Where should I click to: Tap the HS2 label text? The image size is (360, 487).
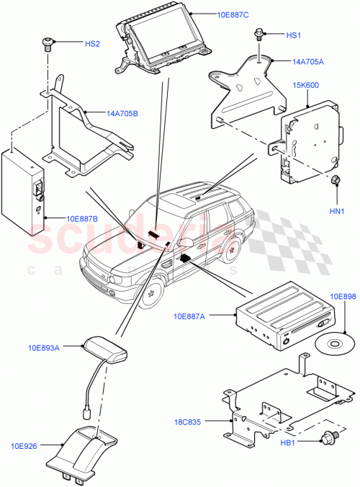(x=93, y=44)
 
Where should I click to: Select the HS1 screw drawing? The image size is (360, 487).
(x=258, y=35)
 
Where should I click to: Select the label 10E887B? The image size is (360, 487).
(x=81, y=218)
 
